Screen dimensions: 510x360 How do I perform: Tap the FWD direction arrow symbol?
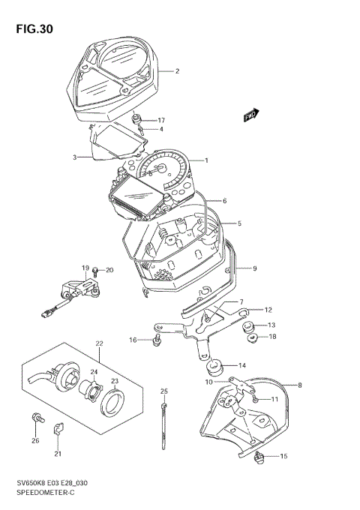[x=250, y=115]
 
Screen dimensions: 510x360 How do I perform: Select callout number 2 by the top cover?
[x=177, y=72]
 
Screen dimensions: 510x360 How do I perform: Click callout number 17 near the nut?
[x=160, y=120]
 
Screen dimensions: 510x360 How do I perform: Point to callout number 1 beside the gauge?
[x=207, y=160]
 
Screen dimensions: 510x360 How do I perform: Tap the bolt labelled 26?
[x=35, y=417]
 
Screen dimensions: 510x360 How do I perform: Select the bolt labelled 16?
[x=156, y=341]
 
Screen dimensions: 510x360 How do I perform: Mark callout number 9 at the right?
[x=254, y=268]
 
